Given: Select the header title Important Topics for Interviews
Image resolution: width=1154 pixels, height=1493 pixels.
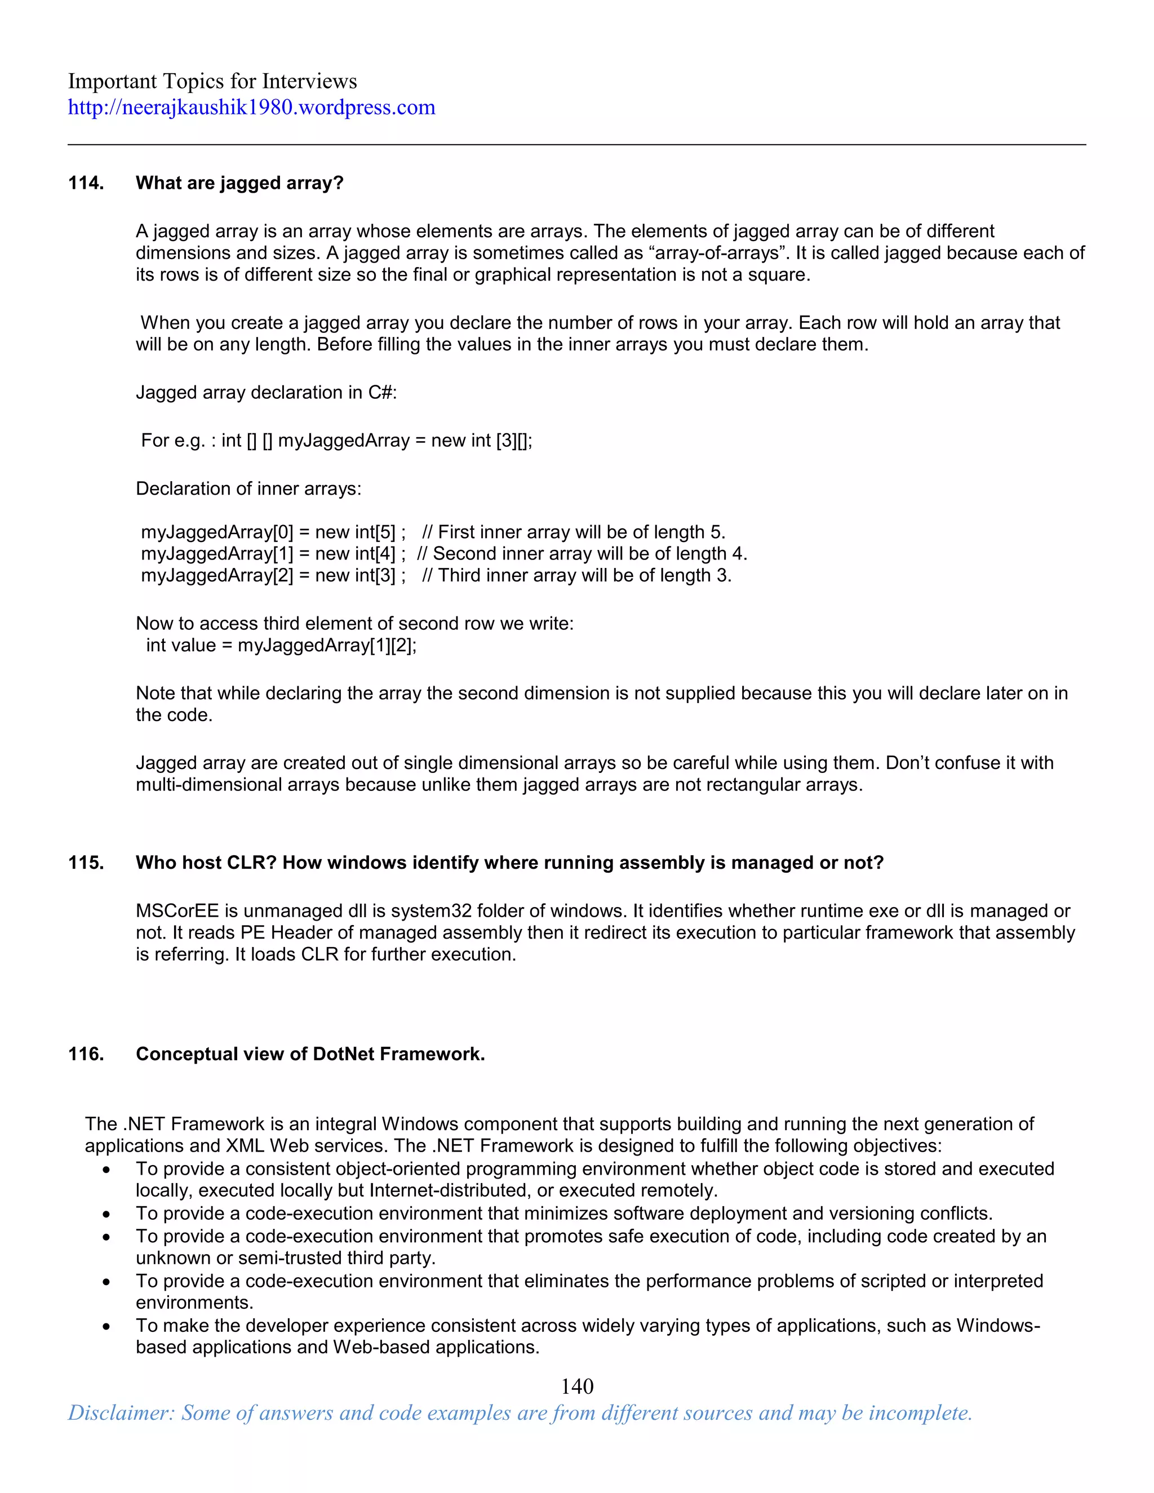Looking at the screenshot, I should click(212, 81).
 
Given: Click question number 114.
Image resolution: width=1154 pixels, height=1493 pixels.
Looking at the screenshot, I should click(86, 183).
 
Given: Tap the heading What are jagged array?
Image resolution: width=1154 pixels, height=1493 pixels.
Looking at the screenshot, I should click(239, 183).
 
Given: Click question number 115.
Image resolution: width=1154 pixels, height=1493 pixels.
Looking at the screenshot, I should click(86, 863).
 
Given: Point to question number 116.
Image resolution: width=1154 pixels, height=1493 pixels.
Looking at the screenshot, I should click(86, 1054).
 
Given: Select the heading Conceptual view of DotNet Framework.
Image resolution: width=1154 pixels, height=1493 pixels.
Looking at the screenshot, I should click(310, 1054).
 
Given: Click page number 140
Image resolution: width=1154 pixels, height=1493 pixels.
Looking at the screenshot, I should click(577, 1387).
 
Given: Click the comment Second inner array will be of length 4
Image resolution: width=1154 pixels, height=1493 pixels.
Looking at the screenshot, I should click(589, 554).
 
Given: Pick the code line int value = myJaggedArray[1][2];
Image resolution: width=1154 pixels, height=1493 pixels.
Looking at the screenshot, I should click(281, 645).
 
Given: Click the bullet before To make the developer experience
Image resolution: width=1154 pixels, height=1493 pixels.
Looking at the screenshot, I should click(106, 1326).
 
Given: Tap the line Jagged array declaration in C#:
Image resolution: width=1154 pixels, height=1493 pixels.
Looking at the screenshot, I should click(266, 392).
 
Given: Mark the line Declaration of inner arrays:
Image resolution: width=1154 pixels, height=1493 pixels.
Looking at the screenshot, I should click(248, 489).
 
